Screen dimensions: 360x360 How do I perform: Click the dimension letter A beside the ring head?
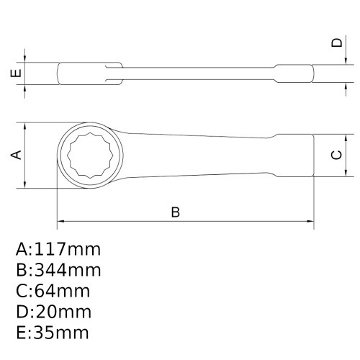tap(17, 155)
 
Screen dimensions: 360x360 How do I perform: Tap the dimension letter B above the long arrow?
tap(176, 212)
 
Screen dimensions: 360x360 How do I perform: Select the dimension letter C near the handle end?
tap(336, 155)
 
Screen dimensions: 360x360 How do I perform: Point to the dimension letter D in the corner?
tap(337, 42)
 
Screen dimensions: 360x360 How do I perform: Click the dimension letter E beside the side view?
tap(16, 73)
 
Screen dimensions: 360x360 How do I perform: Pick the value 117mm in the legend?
tap(68, 249)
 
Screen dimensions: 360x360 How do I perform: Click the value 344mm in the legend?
tap(68, 270)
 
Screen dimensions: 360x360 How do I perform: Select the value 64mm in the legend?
tap(62, 291)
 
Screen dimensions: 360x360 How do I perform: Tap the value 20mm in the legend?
tap(63, 312)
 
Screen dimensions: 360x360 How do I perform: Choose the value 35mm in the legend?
tap(61, 333)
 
